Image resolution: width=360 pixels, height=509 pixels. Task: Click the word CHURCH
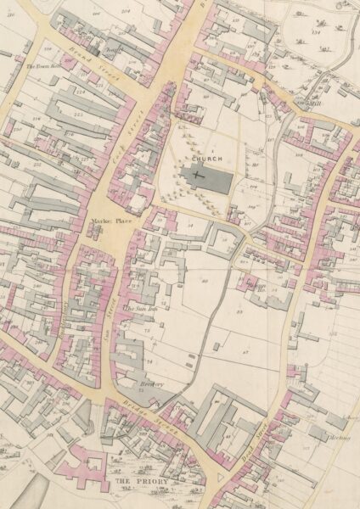(206, 159)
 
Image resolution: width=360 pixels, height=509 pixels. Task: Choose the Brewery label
(152, 383)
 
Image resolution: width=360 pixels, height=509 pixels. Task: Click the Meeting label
(339, 439)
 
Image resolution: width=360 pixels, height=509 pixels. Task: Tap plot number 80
(204, 280)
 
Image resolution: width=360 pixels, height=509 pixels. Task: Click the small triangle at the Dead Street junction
(223, 478)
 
